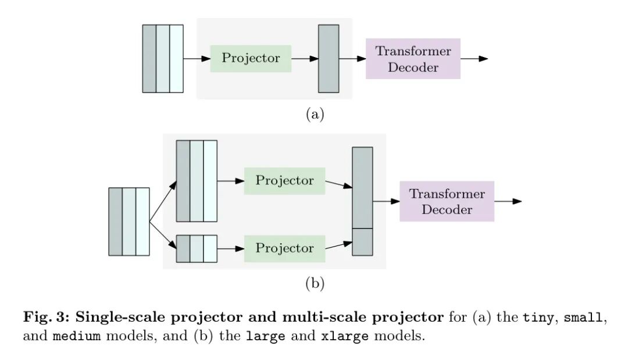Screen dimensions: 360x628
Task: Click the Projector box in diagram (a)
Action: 251,58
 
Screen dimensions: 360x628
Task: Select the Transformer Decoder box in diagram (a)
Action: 413,59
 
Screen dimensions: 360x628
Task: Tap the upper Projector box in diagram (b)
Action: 284,180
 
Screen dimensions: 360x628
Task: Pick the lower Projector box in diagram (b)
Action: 284,248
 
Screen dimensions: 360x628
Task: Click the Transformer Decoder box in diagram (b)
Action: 447,201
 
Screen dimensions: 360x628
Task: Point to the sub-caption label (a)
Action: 315,114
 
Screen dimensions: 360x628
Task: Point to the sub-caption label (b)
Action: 315,283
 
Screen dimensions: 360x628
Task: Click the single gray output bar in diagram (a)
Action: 329,58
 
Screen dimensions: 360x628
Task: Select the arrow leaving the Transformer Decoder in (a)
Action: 474,59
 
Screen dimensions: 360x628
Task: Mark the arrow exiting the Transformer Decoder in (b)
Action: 508,201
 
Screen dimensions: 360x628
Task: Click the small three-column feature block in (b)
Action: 197,248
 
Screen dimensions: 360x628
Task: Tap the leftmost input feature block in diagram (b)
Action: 129,222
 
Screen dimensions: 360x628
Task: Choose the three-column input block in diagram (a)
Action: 163,58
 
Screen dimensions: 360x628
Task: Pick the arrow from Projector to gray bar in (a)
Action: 305,58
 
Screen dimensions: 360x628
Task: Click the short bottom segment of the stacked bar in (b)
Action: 362,242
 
